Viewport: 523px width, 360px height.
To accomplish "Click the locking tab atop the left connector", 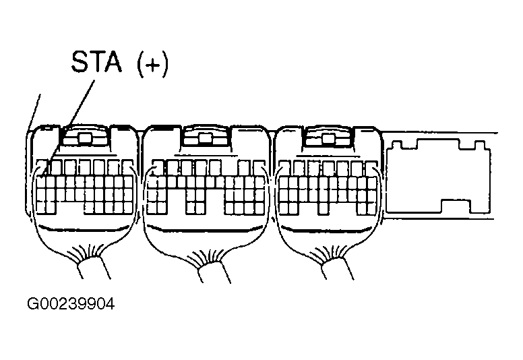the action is (x=84, y=139).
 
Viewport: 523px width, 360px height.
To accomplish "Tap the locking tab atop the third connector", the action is (x=328, y=139).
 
